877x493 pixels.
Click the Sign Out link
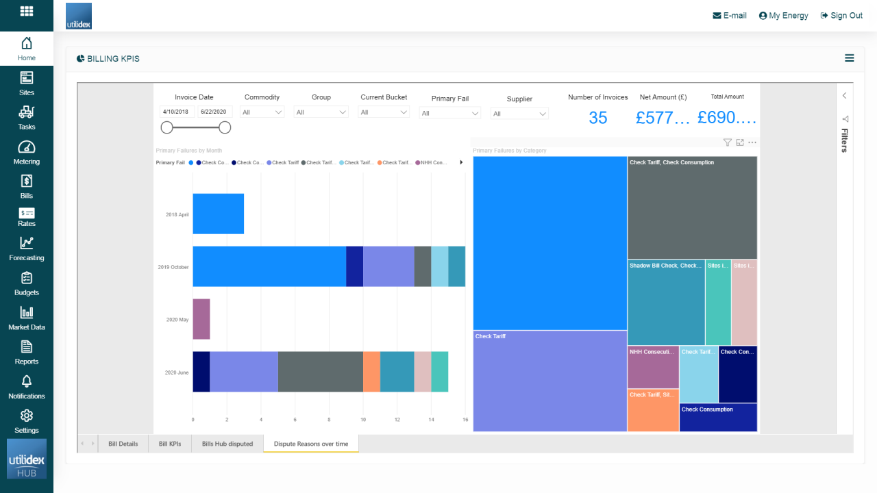point(841,16)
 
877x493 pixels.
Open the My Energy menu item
point(783,16)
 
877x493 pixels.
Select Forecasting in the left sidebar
point(27,249)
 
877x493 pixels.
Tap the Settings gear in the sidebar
point(27,420)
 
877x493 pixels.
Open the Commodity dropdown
point(262,112)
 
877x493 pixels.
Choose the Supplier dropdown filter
point(519,114)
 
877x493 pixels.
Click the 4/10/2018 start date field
point(177,112)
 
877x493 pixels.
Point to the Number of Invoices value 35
point(597,118)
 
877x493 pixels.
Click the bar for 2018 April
point(218,214)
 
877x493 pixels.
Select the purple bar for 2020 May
point(201,319)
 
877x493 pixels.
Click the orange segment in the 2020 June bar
point(371,372)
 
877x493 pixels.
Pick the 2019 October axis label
point(173,267)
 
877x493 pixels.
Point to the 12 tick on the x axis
point(397,419)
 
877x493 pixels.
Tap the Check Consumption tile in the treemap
point(718,417)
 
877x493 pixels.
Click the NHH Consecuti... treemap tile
point(653,367)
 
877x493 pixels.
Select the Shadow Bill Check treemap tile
point(666,302)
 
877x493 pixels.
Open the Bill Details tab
point(123,444)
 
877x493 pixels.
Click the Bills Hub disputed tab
point(227,444)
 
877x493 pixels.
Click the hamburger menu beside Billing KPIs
point(849,58)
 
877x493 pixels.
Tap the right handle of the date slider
point(225,127)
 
